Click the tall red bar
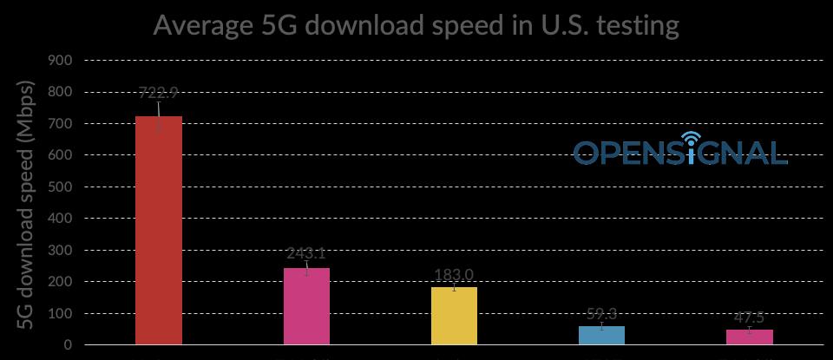159,230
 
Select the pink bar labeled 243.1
306,306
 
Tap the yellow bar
454,316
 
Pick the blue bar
601,335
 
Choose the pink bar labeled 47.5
749,337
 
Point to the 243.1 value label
306,253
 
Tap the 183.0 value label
454,276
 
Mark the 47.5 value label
749,318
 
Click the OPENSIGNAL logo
680,152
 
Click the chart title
416,25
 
